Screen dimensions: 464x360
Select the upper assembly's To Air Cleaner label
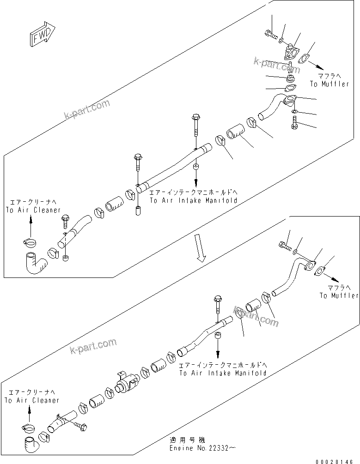tap(33, 206)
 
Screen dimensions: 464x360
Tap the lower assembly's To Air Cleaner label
tap(32, 397)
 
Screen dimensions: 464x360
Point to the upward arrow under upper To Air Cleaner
tap(31, 226)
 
